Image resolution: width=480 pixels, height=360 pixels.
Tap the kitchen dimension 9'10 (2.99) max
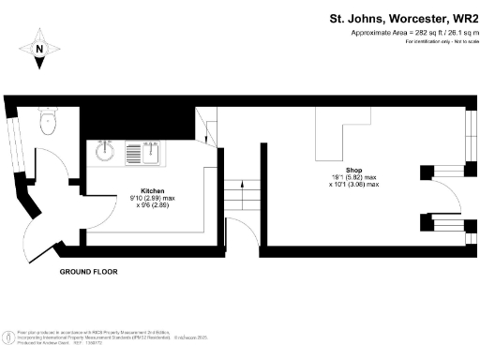(x=152, y=198)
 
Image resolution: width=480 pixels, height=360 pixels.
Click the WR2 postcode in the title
(x=465, y=18)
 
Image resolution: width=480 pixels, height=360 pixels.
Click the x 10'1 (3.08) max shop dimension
(x=353, y=185)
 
